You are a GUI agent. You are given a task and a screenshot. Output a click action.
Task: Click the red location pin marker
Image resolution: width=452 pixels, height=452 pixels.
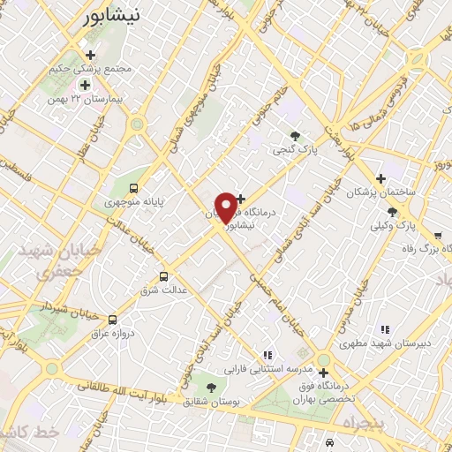pyautogui.click(x=226, y=207)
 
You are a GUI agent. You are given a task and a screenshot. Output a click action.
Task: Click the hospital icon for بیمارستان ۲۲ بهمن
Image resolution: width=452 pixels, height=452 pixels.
pyautogui.click(x=85, y=85)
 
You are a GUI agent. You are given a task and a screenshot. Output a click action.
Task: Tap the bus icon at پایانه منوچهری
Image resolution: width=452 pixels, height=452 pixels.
pyautogui.click(x=133, y=187)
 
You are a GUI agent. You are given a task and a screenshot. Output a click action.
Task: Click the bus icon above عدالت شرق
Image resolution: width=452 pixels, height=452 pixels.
pyautogui.click(x=162, y=275)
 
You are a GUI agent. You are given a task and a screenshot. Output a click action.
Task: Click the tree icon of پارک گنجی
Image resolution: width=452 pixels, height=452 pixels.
pyautogui.click(x=295, y=136)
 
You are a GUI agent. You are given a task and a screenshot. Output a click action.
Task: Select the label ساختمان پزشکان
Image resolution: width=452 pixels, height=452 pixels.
pyautogui.click(x=380, y=192)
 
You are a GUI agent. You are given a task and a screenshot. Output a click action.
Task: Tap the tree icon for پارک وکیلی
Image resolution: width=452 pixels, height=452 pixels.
pyautogui.click(x=392, y=212)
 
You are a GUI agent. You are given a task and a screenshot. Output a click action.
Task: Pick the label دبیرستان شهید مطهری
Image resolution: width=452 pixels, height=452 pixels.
pyautogui.click(x=384, y=343)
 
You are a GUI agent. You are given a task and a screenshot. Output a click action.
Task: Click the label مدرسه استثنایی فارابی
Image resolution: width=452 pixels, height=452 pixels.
pyautogui.click(x=267, y=368)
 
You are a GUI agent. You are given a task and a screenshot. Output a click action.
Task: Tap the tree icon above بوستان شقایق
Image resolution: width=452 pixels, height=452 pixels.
pyautogui.click(x=210, y=387)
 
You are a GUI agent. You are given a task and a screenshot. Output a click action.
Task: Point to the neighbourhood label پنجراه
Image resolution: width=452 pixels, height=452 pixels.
pyautogui.click(x=363, y=424)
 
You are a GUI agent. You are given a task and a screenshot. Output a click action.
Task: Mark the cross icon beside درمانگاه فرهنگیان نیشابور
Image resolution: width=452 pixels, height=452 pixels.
pyautogui.click(x=240, y=200)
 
